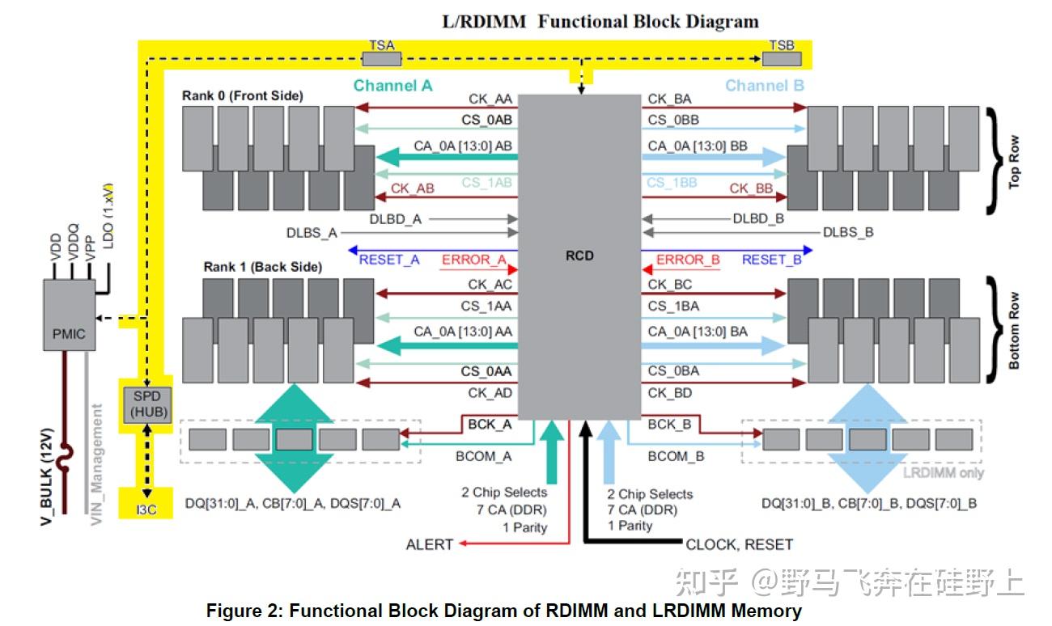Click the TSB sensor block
(782, 57)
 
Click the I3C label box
(146, 510)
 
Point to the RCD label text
(579, 256)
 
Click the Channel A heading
(393, 86)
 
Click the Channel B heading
(765, 86)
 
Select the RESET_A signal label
(389, 260)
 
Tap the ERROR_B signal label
(688, 260)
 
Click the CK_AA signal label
(490, 99)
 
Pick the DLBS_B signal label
(848, 233)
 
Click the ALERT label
(429, 544)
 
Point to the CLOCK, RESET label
(739, 544)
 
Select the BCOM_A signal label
(483, 456)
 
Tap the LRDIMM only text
(943, 472)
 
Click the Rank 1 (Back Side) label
(262, 267)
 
